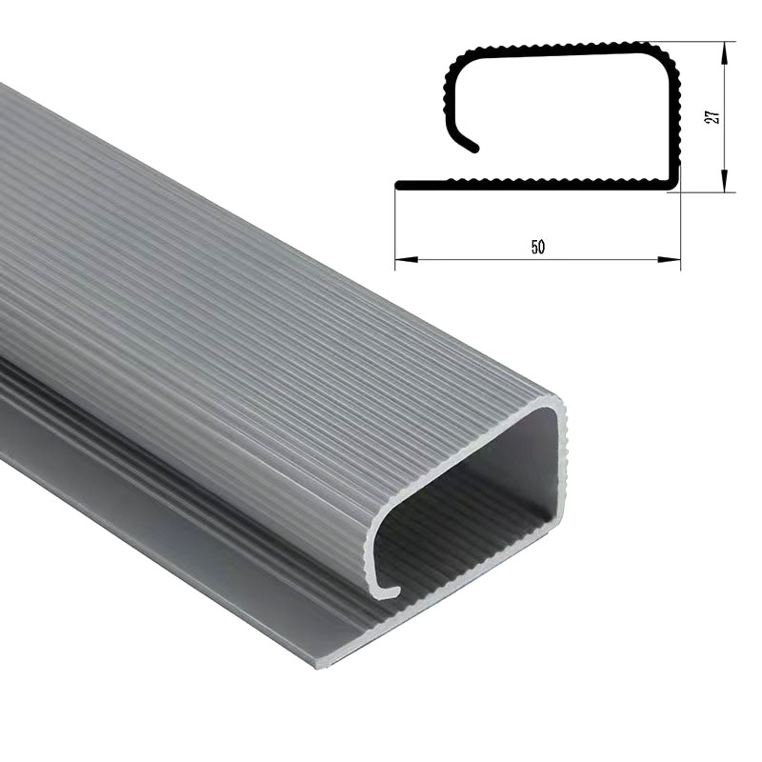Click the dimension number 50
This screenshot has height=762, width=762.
point(537,248)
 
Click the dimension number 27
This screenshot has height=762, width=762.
point(712,116)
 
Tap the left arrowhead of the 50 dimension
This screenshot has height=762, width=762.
point(407,259)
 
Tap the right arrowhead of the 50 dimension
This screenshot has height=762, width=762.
point(669,259)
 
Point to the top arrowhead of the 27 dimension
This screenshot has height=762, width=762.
point(724,52)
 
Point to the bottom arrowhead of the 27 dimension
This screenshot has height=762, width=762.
point(724,181)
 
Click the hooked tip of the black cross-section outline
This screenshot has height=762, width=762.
point(474,149)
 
